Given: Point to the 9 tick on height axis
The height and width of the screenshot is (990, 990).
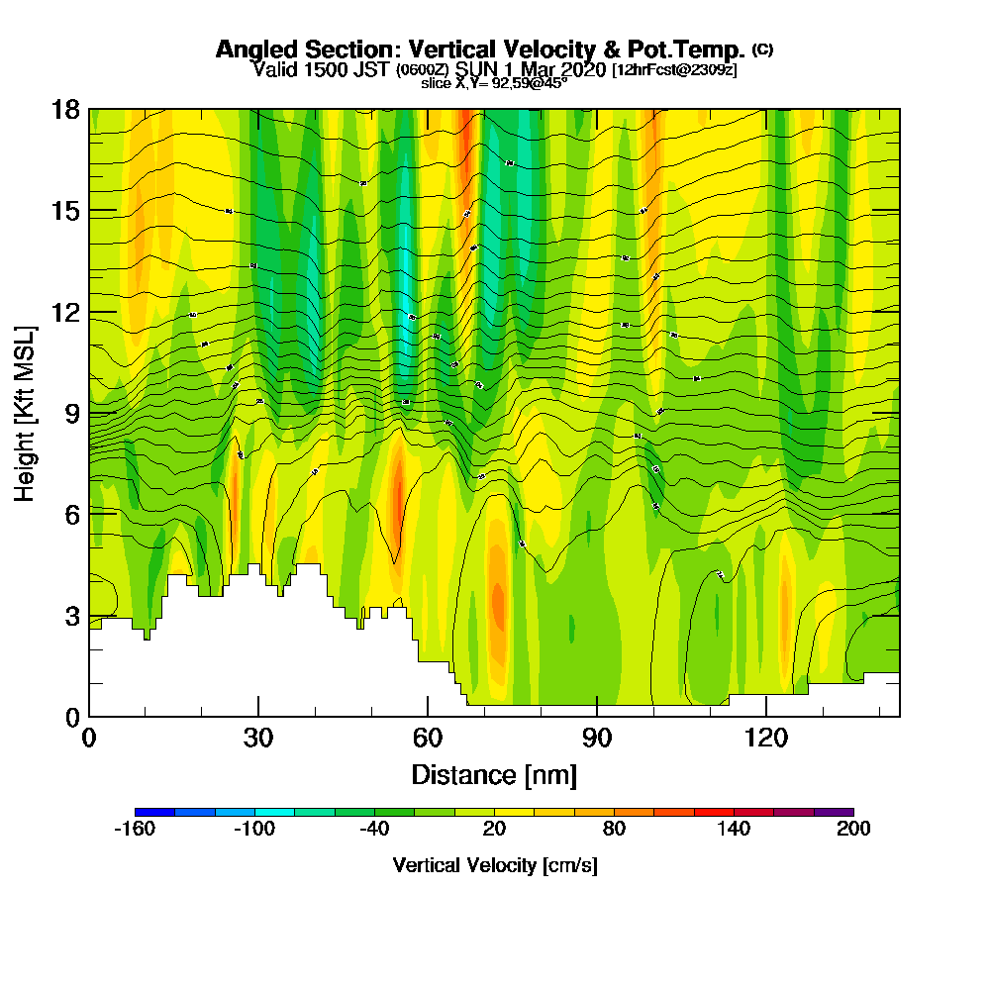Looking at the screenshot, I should (x=89, y=412).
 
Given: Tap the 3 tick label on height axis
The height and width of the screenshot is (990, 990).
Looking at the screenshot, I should (x=71, y=616).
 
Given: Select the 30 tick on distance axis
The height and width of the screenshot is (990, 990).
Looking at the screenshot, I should (x=258, y=716).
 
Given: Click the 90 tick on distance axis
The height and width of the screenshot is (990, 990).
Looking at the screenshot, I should (x=597, y=716).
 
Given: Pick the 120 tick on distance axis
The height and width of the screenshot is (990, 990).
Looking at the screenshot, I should (x=766, y=716).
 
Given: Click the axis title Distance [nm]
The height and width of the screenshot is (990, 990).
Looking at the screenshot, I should (x=494, y=774).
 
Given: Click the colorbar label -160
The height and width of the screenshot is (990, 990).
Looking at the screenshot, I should (x=135, y=830).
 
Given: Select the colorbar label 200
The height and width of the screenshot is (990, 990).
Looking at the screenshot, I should (x=852, y=830).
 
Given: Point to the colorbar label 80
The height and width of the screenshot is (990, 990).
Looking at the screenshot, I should (x=614, y=830).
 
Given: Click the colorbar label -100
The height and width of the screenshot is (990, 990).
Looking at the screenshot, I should (x=254, y=830).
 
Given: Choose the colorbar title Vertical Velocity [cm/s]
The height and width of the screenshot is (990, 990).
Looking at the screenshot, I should (x=494, y=865).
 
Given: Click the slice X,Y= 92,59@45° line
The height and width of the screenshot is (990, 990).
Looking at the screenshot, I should (x=494, y=83).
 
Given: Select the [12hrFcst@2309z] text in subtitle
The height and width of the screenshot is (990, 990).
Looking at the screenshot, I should (x=674, y=69).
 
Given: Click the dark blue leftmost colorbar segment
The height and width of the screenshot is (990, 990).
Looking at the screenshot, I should (x=154, y=812).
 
